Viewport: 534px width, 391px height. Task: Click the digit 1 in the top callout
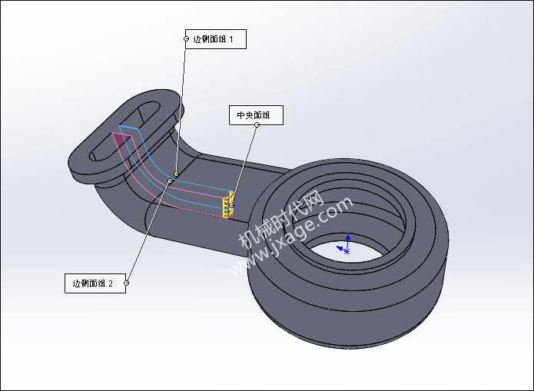(x=231, y=39)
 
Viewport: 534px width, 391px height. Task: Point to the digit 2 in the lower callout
(x=111, y=283)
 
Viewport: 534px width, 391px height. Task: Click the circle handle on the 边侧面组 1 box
(x=186, y=39)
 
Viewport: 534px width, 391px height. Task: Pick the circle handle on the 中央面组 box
(x=257, y=124)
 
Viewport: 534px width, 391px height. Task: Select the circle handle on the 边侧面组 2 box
(x=126, y=283)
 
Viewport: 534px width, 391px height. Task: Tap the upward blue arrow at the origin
(x=348, y=243)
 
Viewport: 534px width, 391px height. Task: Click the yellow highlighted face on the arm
(x=229, y=205)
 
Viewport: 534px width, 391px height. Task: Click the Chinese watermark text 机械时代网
(x=280, y=219)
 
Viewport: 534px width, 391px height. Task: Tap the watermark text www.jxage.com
(x=291, y=236)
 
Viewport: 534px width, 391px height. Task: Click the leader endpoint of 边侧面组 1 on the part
(x=176, y=174)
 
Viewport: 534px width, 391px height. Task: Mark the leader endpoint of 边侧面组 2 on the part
(x=170, y=181)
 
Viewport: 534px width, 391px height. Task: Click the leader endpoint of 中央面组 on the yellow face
(x=232, y=205)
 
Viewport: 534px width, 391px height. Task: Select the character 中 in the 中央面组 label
(x=241, y=115)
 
